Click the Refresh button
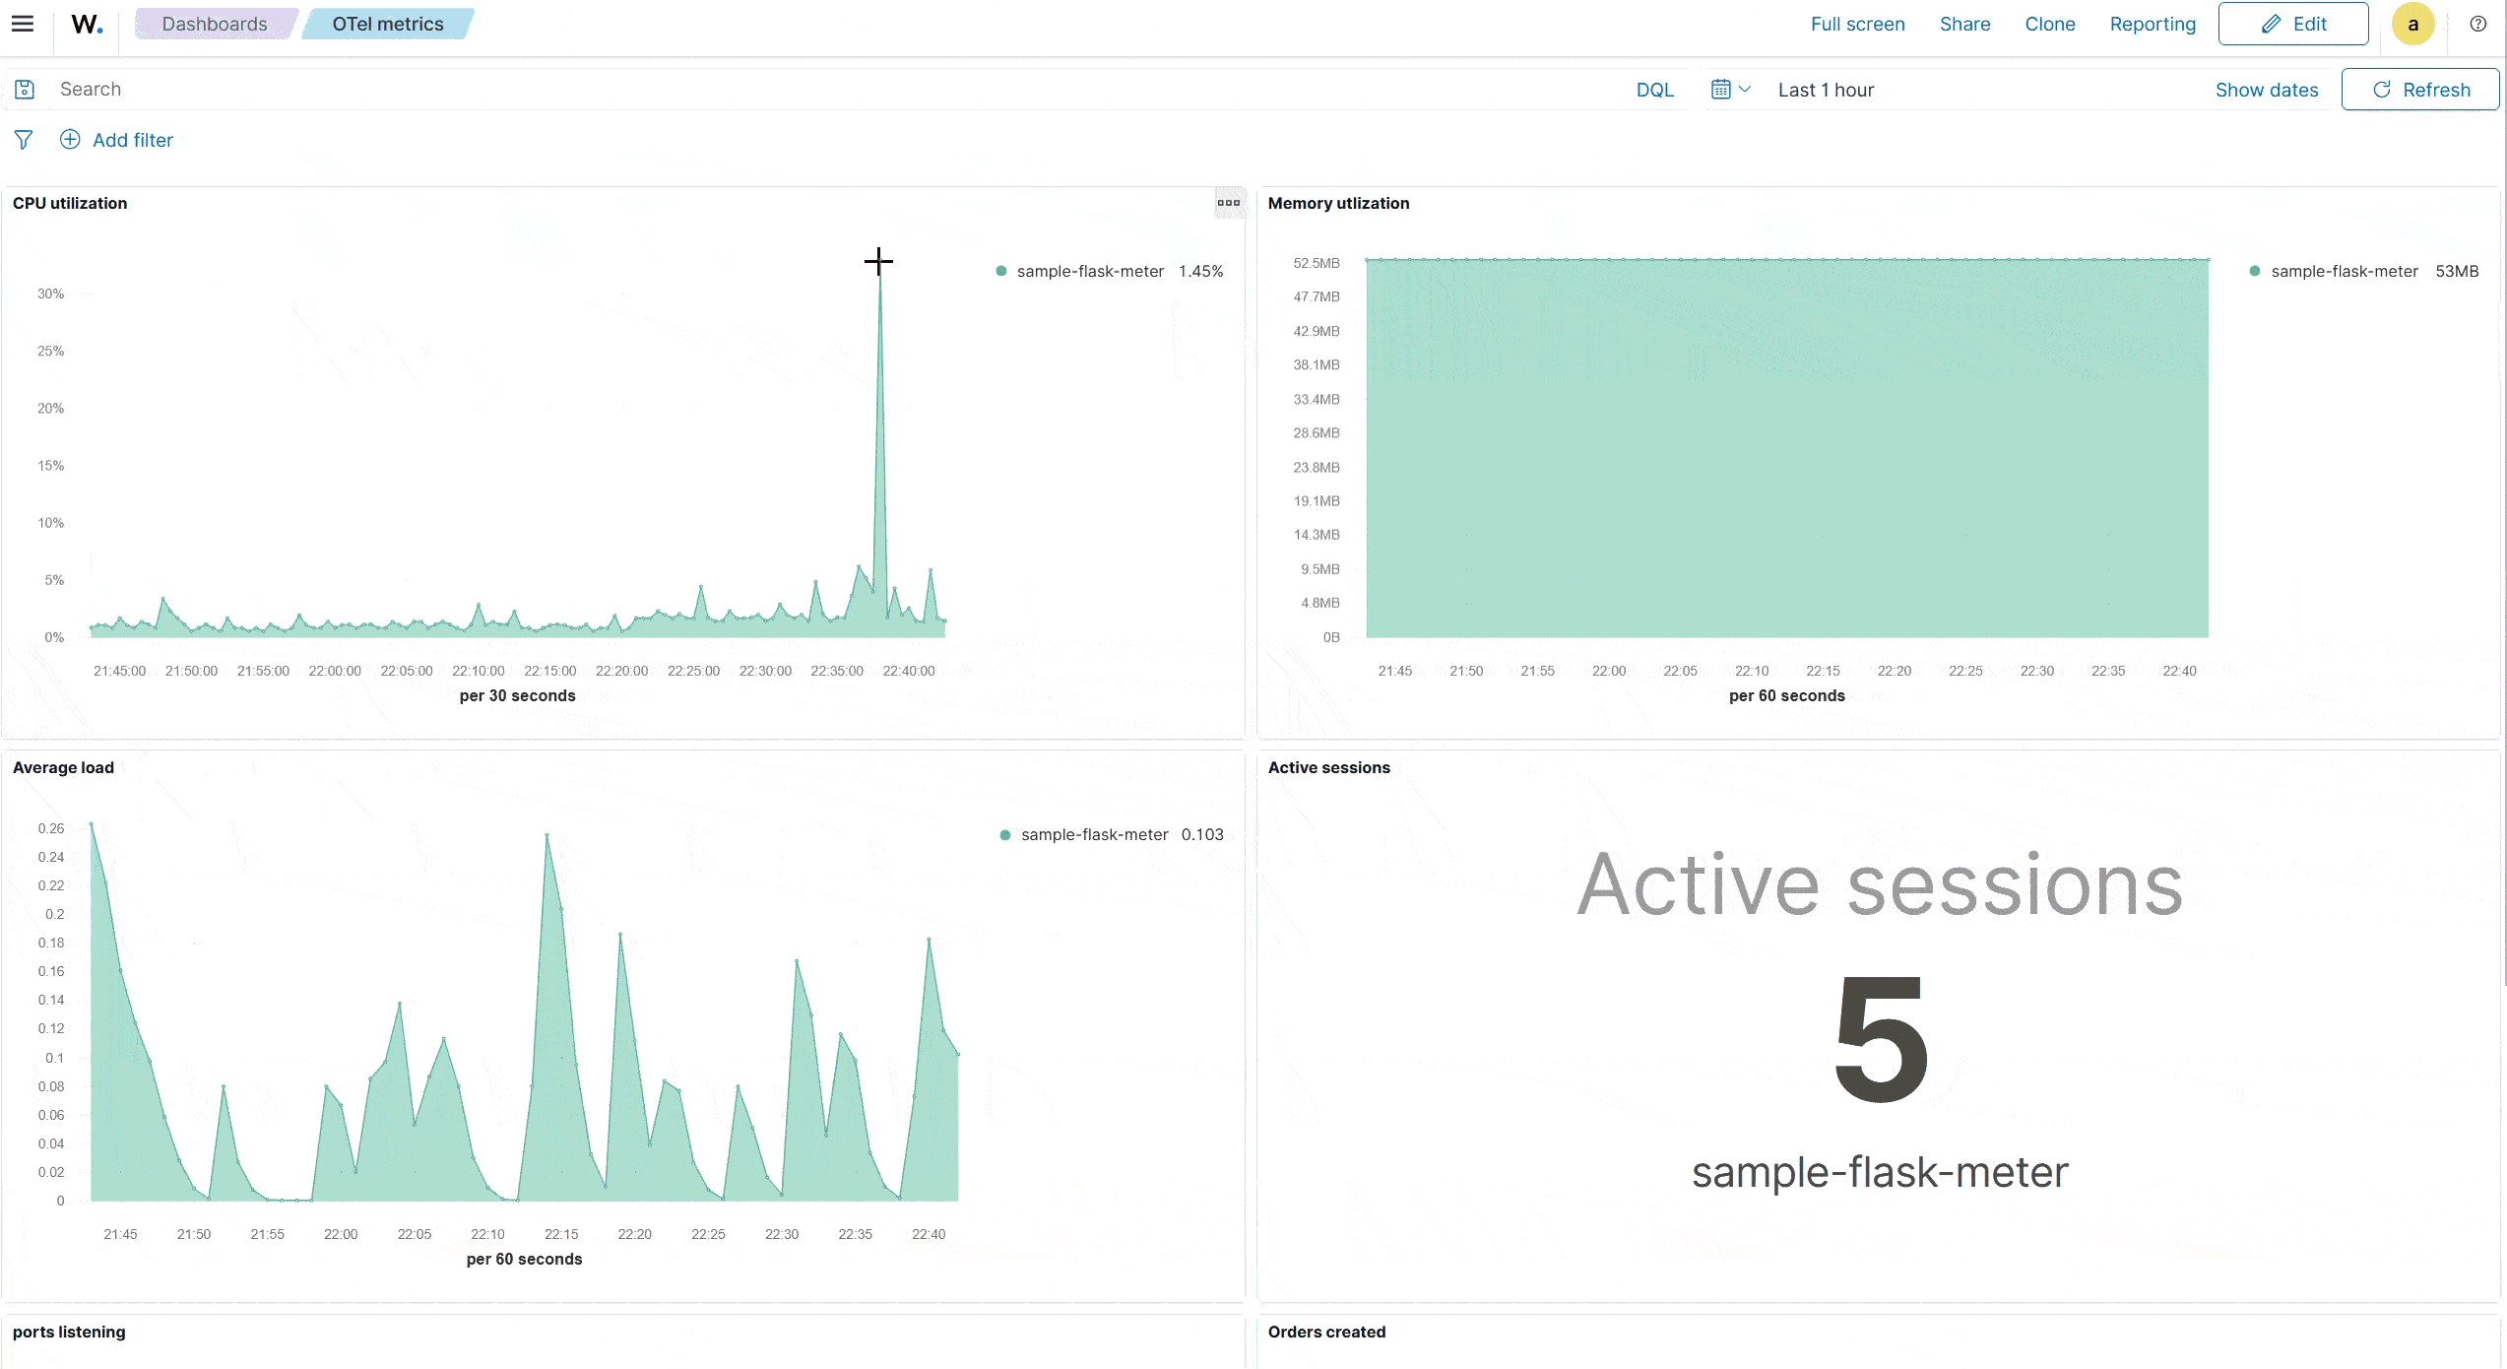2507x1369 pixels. click(x=2419, y=90)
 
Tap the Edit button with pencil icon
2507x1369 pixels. click(x=2292, y=24)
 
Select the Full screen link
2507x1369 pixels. click(x=1857, y=24)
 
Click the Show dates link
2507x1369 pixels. click(x=2266, y=90)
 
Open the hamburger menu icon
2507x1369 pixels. click(x=23, y=24)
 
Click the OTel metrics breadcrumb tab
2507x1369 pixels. click(x=387, y=24)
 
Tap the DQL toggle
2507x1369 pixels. click(x=1654, y=90)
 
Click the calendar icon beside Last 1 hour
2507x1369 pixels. click(x=1720, y=90)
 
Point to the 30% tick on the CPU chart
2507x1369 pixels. click(x=50, y=293)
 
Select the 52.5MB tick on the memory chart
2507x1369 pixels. click(x=1316, y=263)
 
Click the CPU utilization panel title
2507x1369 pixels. click(x=70, y=203)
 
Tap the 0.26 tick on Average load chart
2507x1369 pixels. click(x=51, y=828)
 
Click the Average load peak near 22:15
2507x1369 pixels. click(x=546, y=836)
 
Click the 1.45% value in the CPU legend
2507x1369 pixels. click(x=1200, y=271)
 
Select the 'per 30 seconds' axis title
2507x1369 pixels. click(x=517, y=695)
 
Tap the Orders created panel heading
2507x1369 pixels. click(x=1326, y=1332)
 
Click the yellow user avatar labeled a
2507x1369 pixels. click(x=2412, y=25)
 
